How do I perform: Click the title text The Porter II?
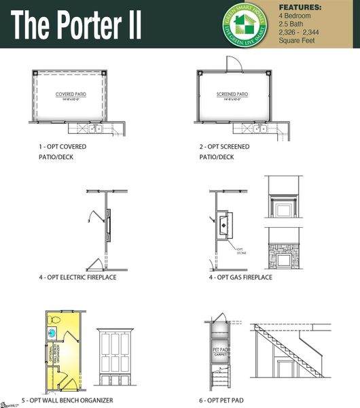click(76, 25)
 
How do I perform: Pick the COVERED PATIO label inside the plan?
click(69, 95)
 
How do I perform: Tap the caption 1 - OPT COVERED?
click(62, 146)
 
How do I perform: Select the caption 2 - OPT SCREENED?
click(224, 146)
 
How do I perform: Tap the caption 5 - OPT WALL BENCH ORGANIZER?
click(76, 401)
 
